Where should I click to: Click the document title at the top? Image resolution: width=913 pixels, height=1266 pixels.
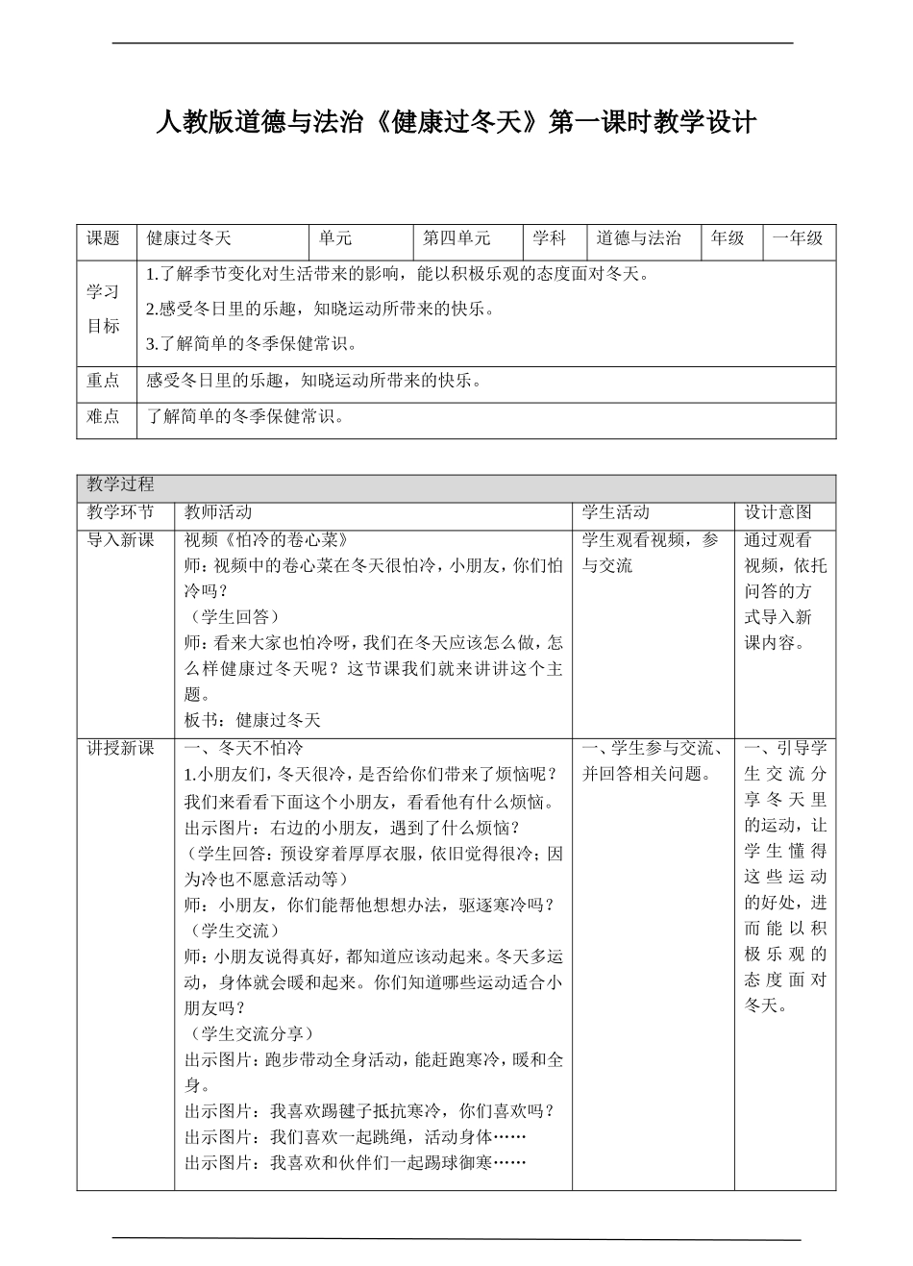click(x=456, y=122)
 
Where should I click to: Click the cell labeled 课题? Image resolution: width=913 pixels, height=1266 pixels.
click(x=104, y=238)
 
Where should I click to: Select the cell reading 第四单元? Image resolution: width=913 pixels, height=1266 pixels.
click(x=456, y=238)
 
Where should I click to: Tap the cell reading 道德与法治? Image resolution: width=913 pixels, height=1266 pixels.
click(x=638, y=238)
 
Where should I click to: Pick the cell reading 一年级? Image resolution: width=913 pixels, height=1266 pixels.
click(x=798, y=238)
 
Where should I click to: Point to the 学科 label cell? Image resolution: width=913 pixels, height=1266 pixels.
click(x=550, y=238)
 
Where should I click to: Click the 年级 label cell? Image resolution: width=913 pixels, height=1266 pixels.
click(x=728, y=238)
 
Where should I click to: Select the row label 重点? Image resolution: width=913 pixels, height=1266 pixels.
click(x=104, y=381)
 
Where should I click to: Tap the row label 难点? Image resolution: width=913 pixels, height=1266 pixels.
click(x=104, y=416)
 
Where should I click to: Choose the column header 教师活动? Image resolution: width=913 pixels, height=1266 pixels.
click(x=218, y=512)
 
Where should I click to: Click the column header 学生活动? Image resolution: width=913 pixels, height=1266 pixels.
click(x=615, y=512)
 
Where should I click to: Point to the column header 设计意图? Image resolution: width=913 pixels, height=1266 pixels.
click(x=778, y=512)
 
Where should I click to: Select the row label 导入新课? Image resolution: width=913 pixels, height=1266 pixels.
click(x=120, y=539)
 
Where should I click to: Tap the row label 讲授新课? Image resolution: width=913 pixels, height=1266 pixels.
click(x=120, y=748)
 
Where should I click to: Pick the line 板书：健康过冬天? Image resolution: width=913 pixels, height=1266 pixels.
click(x=252, y=719)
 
